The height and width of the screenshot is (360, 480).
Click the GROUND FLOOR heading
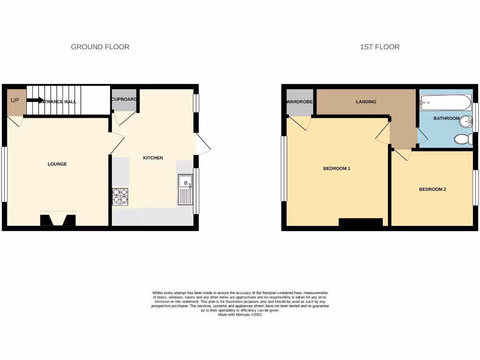click(100, 47)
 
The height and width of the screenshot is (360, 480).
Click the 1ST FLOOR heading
click(380, 47)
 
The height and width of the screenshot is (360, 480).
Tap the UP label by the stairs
click(15, 100)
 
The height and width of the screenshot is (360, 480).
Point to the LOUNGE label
click(57, 164)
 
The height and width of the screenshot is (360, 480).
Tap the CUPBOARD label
click(124, 99)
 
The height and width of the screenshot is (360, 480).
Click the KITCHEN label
click(153, 158)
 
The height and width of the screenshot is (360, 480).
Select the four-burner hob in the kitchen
click(120, 196)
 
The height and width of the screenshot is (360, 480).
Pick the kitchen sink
click(186, 189)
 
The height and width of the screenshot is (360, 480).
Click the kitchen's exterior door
click(203, 144)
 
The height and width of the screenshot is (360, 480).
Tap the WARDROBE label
click(299, 102)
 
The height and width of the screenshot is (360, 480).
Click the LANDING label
click(366, 102)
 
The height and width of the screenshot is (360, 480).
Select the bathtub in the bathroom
click(445, 101)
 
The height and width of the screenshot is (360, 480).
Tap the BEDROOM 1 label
click(337, 168)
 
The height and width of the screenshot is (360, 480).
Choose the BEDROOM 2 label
click(432, 189)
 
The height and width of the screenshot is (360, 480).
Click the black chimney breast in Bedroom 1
click(360, 222)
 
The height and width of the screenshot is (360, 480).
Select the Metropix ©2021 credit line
click(240, 315)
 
